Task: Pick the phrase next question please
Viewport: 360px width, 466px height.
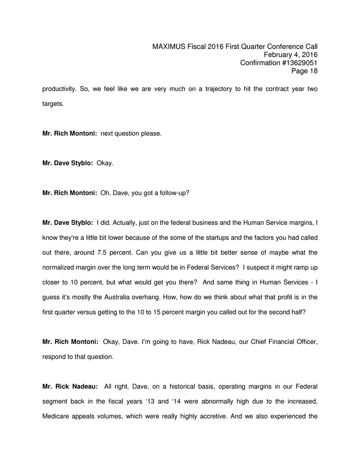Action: coord(131,133)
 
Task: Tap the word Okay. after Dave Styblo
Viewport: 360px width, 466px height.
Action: coord(105,163)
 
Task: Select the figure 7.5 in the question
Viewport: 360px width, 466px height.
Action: coord(104,252)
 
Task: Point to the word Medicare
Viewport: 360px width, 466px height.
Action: coord(55,416)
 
